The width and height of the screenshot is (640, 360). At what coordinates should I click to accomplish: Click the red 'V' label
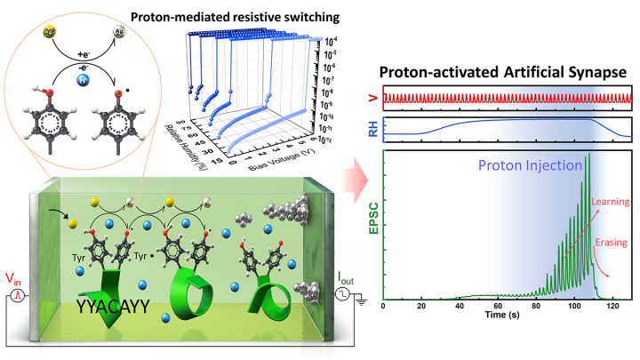coord(372,97)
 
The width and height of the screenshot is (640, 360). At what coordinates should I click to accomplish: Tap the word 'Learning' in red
coord(612,201)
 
